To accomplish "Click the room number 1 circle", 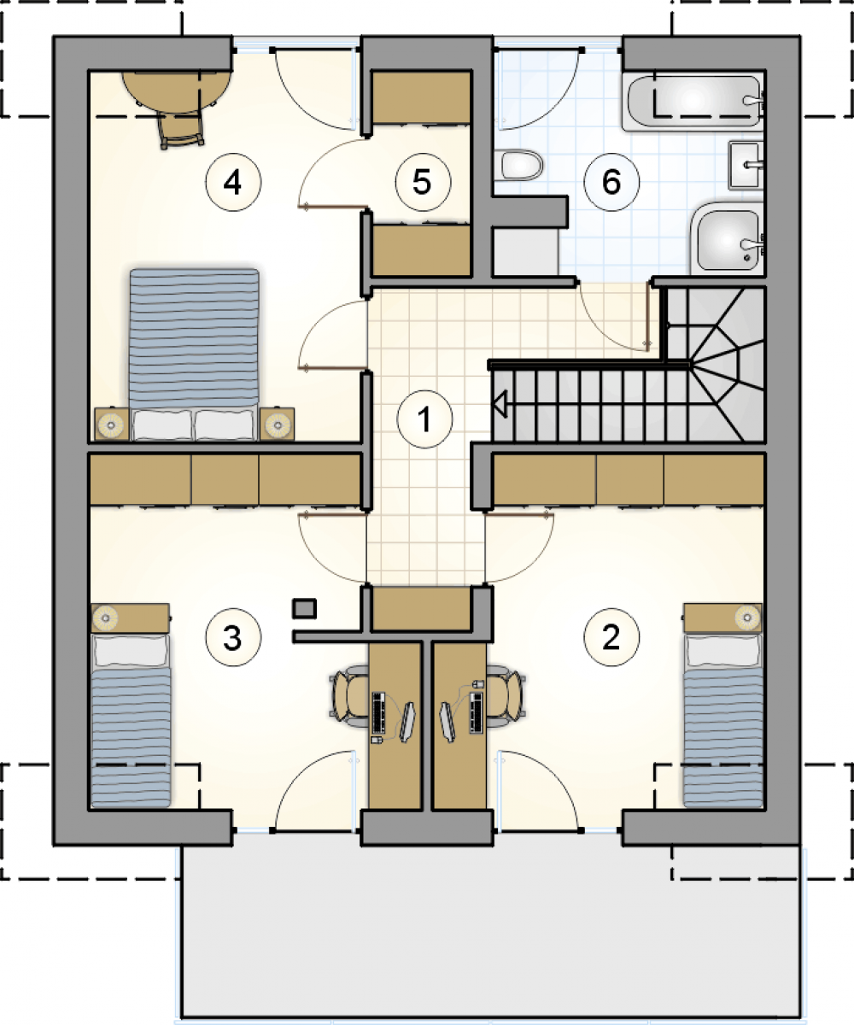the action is [x=425, y=419].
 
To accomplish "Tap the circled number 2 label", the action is [x=611, y=637].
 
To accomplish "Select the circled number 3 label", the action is [x=232, y=637].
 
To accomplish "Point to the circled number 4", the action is [x=233, y=182].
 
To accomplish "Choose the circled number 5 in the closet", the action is [x=423, y=182].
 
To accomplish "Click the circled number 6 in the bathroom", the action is [x=611, y=182].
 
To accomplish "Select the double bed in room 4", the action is [x=195, y=354].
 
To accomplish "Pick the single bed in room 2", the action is [x=722, y=720].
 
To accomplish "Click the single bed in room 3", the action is [x=131, y=720].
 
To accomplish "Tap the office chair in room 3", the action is [x=349, y=696].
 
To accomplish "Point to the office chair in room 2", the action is [x=506, y=696].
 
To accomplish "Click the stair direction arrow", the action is [x=500, y=405].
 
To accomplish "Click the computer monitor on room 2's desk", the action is [x=446, y=723].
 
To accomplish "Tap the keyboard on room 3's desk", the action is [x=378, y=712].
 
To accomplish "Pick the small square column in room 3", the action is [x=304, y=609].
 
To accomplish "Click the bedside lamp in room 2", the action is [x=747, y=616].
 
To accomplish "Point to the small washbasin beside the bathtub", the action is [x=746, y=165].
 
